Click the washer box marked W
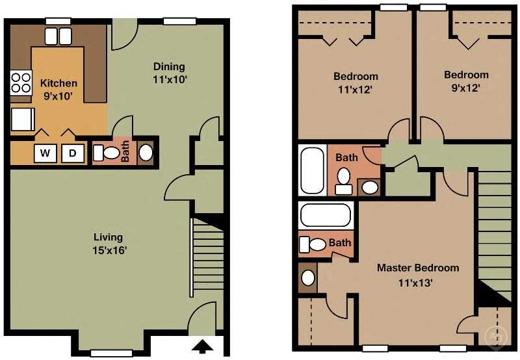click(45, 153)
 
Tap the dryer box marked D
click(73, 153)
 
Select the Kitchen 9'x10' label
click(58, 89)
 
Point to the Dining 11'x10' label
click(169, 72)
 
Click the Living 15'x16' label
click(108, 243)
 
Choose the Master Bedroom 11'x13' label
click(418, 275)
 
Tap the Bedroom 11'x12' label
click(356, 83)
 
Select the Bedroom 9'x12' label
click(466, 81)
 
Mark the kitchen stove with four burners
click(21, 83)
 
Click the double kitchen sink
click(58, 36)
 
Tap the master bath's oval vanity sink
click(308, 277)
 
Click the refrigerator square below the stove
click(21, 120)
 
